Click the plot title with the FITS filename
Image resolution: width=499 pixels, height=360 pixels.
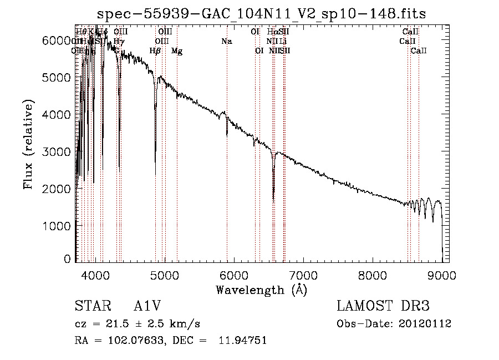click(x=262, y=13)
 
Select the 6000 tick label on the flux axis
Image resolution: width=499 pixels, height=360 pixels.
click(x=57, y=40)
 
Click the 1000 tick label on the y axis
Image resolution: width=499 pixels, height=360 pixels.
click(x=57, y=226)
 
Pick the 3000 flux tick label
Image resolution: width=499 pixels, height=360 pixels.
click(x=57, y=151)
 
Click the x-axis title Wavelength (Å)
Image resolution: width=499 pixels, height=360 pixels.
click(x=261, y=290)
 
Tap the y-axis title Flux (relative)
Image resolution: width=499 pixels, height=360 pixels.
click(x=29, y=145)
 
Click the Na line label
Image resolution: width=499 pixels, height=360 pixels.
click(x=226, y=41)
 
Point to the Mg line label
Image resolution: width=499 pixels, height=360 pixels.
click(x=177, y=51)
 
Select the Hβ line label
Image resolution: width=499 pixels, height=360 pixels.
click(x=155, y=51)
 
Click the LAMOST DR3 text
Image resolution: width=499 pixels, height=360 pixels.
click(x=383, y=307)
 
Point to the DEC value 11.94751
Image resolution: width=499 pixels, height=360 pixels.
click(x=244, y=341)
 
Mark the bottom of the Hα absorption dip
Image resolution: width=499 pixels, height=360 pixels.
click(x=273, y=200)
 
